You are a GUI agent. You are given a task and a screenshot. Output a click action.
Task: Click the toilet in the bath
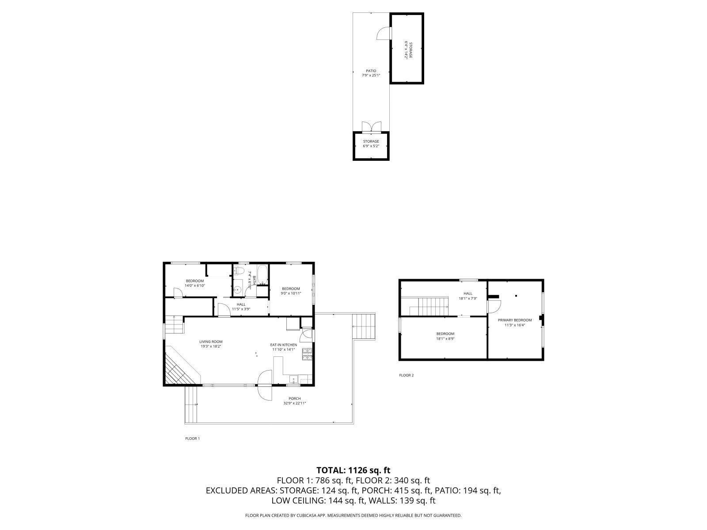[239, 271]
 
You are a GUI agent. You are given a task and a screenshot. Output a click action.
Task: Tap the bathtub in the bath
[262, 274]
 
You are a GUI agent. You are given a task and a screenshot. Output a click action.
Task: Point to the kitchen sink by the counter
[293, 379]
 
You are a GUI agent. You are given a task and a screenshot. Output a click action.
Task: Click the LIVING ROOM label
[211, 341]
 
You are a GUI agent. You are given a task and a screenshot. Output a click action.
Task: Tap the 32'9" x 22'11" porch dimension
[294, 403]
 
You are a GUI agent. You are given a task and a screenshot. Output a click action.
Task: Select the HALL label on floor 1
[241, 304]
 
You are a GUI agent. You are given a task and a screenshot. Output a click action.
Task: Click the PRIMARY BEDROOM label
[515, 320]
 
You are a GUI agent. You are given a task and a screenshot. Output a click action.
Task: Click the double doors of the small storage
[371, 127]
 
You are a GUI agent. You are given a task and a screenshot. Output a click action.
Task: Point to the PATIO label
[371, 71]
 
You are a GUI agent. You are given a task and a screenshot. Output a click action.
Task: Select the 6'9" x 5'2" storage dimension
[371, 146]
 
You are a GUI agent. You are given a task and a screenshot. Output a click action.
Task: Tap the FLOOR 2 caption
[406, 375]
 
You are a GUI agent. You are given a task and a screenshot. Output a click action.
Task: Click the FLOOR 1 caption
[192, 439]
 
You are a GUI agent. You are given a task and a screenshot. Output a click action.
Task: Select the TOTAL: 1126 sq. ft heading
[353, 470]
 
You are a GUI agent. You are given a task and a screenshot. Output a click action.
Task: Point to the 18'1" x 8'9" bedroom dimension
[445, 339]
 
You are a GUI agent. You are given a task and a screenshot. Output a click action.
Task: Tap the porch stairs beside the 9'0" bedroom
[364, 326]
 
